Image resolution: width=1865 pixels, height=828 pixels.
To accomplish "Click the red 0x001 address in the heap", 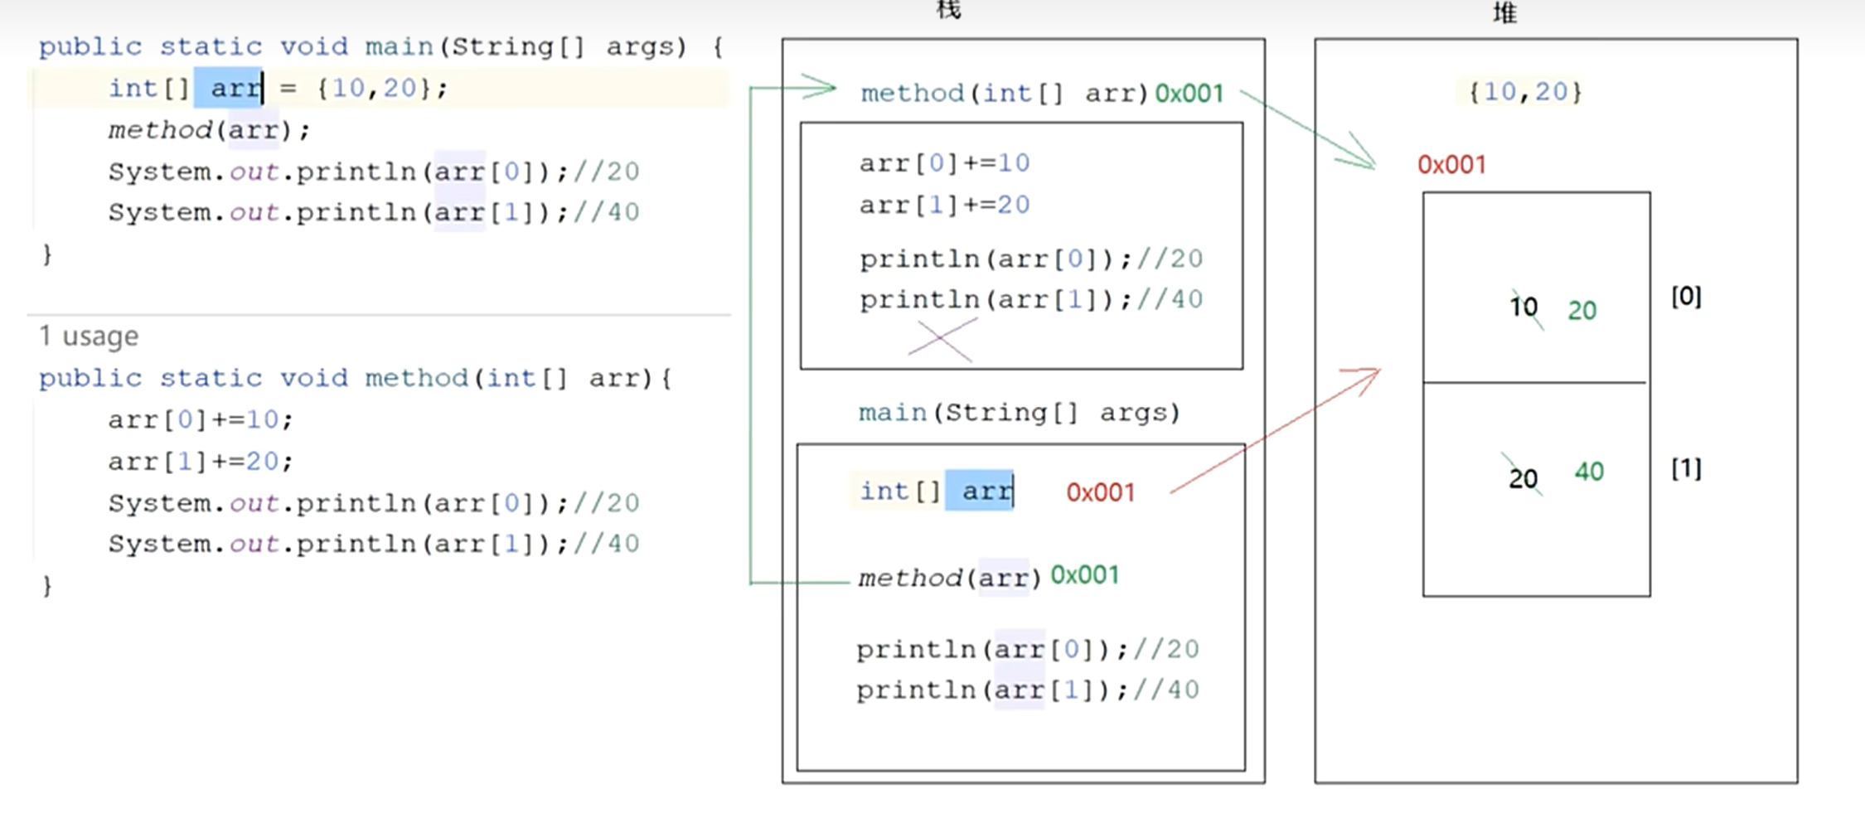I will pyautogui.click(x=1451, y=165).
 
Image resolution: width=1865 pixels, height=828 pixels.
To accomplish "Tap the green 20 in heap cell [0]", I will pyautogui.click(x=1582, y=311).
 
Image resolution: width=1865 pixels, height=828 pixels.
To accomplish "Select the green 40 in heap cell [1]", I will pyautogui.click(x=1589, y=472).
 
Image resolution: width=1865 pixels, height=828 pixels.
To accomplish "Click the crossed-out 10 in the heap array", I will pyautogui.click(x=1523, y=308).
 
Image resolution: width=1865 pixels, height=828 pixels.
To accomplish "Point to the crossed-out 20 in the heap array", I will pyautogui.click(x=1523, y=478).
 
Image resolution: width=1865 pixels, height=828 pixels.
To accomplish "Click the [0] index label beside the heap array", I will pyautogui.click(x=1686, y=297).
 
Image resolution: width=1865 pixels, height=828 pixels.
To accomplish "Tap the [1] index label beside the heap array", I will pyautogui.click(x=1686, y=469).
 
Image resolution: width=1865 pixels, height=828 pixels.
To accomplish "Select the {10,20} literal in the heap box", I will pyautogui.click(x=1525, y=92).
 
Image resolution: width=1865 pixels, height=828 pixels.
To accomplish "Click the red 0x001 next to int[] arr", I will pyautogui.click(x=1100, y=493).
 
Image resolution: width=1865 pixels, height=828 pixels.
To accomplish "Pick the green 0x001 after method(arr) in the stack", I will pyautogui.click(x=1084, y=575).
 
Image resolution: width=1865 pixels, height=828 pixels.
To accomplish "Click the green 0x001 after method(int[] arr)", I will pyautogui.click(x=1189, y=94).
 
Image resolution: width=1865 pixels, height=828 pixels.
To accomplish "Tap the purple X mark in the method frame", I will pyautogui.click(x=942, y=340).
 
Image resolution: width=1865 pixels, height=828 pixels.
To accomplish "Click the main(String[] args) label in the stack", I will pyautogui.click(x=1019, y=413).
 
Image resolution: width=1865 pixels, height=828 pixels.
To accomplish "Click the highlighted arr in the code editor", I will pyautogui.click(x=228, y=89).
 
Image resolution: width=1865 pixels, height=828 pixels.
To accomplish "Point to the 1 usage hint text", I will pyautogui.click(x=89, y=337).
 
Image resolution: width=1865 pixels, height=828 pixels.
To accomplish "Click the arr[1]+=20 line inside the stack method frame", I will pyautogui.click(x=944, y=205).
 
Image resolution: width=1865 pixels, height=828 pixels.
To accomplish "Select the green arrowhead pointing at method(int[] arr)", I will pyautogui.click(x=821, y=87).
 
